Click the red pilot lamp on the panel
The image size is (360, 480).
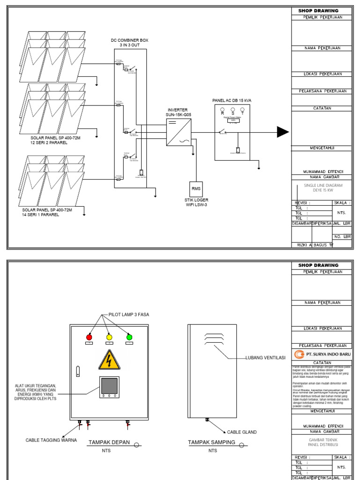click(x=89, y=337)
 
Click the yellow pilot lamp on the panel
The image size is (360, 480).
click(x=109, y=337)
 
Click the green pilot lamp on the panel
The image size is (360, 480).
click(x=129, y=337)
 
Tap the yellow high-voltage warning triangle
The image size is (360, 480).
click(x=109, y=360)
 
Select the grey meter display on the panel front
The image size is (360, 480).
click(x=109, y=385)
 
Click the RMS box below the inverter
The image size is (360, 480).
click(x=196, y=188)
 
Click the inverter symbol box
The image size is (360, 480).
click(x=179, y=132)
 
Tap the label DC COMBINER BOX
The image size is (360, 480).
click(x=129, y=40)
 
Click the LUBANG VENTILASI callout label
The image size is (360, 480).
click(x=265, y=358)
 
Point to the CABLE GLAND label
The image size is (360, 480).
click(x=242, y=432)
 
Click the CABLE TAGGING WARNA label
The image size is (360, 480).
click(x=51, y=440)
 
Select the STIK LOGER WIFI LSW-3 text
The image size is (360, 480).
click(x=196, y=202)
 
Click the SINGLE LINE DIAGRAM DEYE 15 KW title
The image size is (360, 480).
click(x=323, y=187)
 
